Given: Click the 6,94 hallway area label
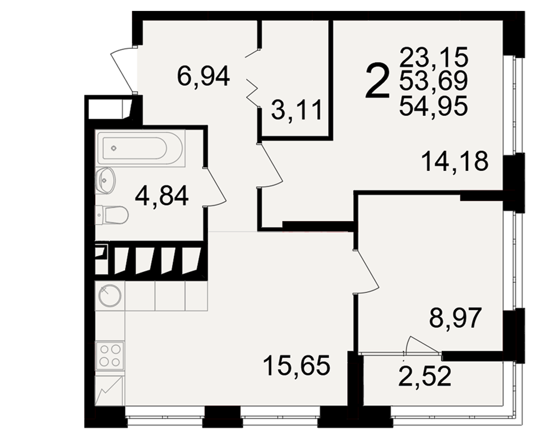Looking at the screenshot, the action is click(203, 76).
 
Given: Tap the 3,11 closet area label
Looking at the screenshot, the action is click(297, 110).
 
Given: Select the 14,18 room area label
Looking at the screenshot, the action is click(455, 161).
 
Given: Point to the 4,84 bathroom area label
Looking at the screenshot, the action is click(162, 196).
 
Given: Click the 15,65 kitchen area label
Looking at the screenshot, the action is click(296, 365).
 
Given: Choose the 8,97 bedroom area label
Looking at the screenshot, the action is click(455, 317).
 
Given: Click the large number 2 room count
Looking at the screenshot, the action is click(377, 81).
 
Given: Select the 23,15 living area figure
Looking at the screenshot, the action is click(434, 57).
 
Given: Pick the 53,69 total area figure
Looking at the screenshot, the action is click(434, 81).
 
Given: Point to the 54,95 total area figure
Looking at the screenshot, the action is click(434, 105).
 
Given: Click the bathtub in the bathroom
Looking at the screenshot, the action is click(140, 147).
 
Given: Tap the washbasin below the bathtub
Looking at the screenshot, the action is click(105, 180).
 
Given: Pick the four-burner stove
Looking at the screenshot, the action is click(110, 356).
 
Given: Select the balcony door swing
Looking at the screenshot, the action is click(422, 346).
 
